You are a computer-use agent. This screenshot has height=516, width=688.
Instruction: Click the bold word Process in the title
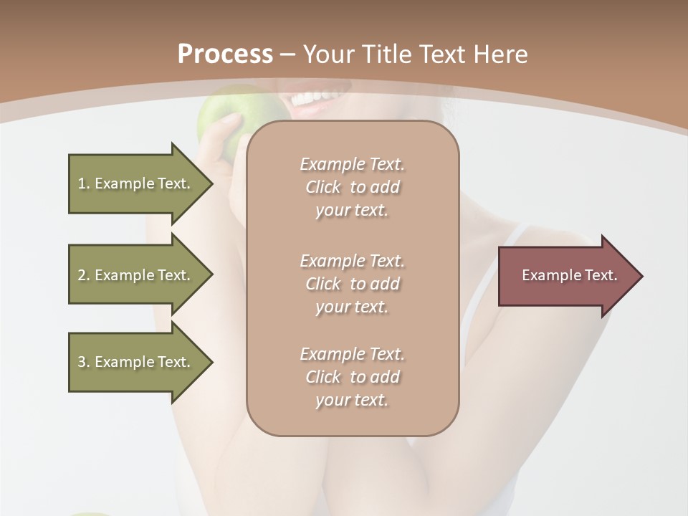tap(225, 54)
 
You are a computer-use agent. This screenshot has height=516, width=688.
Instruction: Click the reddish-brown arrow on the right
tap(566, 276)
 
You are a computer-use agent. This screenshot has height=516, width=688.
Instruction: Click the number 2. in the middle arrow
tap(84, 275)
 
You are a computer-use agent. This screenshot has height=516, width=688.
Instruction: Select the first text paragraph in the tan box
tap(352, 187)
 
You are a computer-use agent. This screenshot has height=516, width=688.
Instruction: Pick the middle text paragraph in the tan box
tap(352, 284)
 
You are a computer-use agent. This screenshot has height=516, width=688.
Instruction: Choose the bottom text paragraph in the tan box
tap(352, 377)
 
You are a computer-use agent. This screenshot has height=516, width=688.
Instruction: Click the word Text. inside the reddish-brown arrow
tap(600, 275)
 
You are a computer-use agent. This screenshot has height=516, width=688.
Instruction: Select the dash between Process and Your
tap(287, 55)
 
